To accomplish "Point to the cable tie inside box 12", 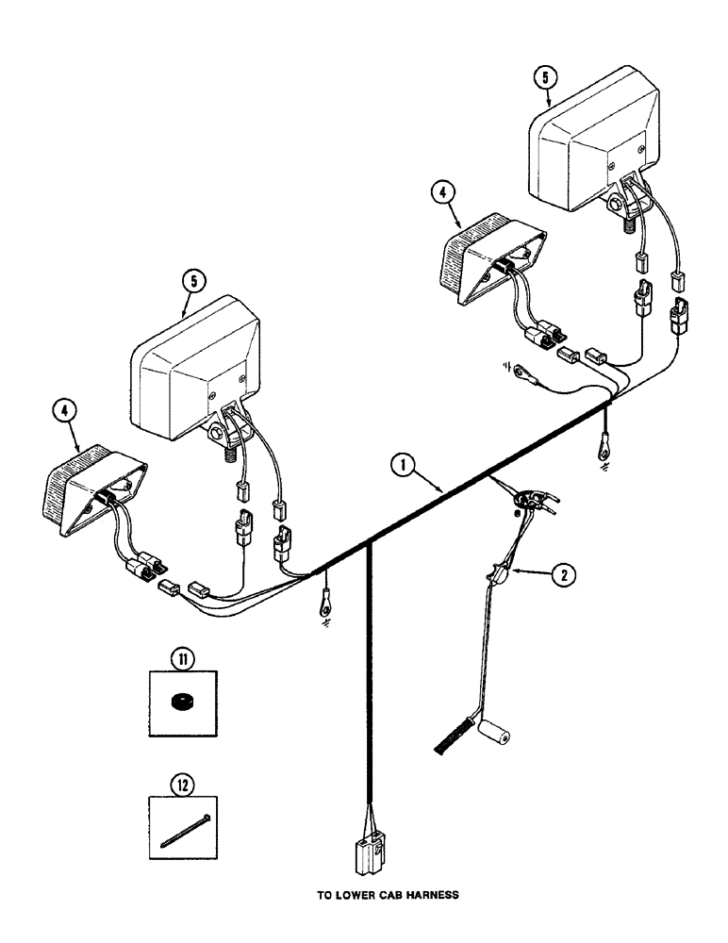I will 185,829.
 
